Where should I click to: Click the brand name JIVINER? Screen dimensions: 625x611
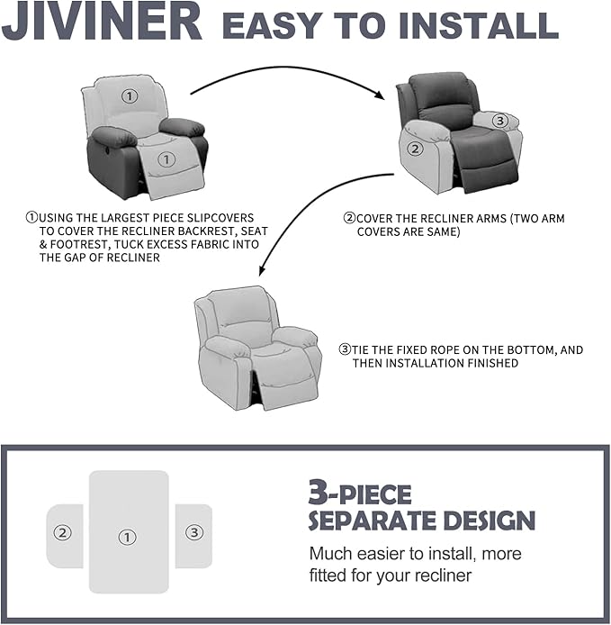tap(102, 23)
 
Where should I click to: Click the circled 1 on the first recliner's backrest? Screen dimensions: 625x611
tap(130, 95)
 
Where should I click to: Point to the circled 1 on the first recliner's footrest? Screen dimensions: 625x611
tap(166, 159)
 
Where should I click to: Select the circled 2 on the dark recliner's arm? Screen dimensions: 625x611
tap(415, 149)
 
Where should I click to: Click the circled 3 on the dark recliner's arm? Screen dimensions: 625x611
tap(500, 120)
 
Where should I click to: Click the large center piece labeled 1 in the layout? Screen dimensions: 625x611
tap(128, 531)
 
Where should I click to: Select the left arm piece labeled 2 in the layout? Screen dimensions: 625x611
tap(64, 534)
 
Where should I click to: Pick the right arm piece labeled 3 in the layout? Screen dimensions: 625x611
tap(193, 534)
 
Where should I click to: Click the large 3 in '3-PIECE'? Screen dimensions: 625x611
tap(317, 493)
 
